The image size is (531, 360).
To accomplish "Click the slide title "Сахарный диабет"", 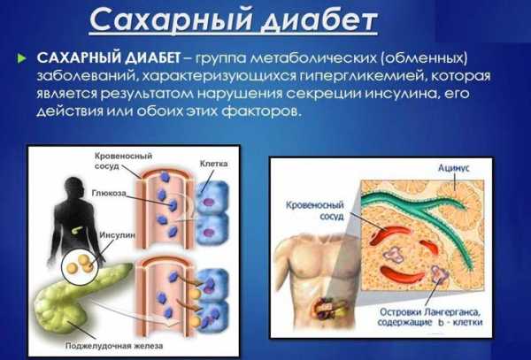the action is click(234, 20).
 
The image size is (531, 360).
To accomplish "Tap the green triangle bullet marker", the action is click(21, 58).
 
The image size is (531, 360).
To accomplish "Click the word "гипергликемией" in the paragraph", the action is click(358, 76).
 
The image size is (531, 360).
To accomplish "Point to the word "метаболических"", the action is click(314, 58).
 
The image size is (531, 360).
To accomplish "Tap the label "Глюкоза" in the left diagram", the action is click(109, 193).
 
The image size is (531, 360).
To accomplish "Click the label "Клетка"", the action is click(213, 164).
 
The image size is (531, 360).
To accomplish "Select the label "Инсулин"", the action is click(117, 234).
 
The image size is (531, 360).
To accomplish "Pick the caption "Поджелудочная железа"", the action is click(114, 346).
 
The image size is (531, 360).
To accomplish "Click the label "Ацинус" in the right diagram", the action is click(453, 168).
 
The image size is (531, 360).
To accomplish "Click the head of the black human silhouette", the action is click(74, 187).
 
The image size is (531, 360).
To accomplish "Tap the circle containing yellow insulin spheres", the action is click(80, 267).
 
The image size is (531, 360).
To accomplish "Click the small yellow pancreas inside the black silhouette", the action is click(78, 229).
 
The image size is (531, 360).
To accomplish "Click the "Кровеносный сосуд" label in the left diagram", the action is click(123, 161).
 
